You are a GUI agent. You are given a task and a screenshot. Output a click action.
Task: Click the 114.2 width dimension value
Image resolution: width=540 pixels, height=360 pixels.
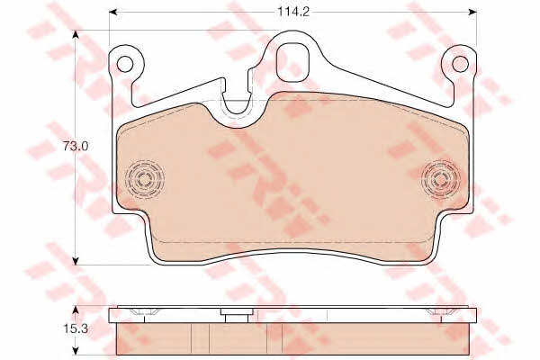pyautogui.click(x=289, y=12)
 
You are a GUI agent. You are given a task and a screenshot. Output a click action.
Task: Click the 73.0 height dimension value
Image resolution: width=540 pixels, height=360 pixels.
pyautogui.click(x=76, y=146)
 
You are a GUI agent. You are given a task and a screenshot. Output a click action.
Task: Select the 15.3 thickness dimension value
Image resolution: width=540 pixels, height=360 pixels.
pyautogui.click(x=76, y=329)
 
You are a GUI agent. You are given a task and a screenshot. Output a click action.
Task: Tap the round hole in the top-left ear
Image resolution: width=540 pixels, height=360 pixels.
pyautogui.click(x=125, y=64)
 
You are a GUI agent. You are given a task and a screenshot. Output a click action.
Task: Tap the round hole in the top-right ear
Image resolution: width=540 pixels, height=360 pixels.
pyautogui.click(x=460, y=64)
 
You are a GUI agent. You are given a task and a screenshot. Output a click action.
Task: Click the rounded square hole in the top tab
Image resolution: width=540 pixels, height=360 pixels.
pyautogui.click(x=292, y=62)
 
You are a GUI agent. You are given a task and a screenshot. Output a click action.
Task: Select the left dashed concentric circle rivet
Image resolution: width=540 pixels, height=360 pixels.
pyautogui.click(x=144, y=179)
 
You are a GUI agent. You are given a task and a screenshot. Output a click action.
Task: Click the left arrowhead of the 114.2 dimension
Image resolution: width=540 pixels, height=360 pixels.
pyautogui.click(x=113, y=12)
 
